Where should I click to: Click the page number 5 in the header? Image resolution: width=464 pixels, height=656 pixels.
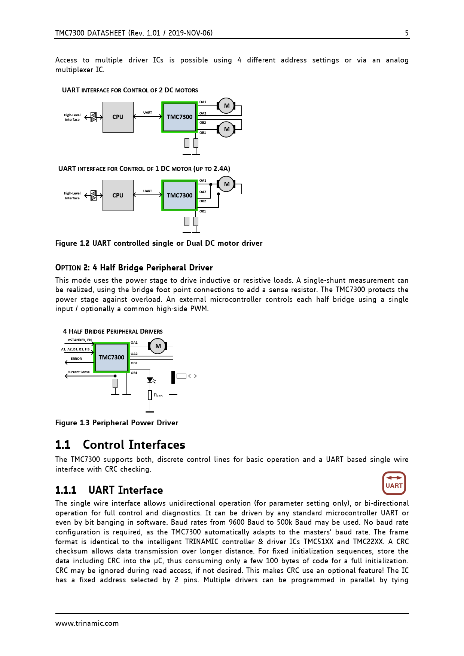click(x=407, y=33)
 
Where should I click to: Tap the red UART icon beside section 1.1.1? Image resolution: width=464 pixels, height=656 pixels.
click(x=394, y=483)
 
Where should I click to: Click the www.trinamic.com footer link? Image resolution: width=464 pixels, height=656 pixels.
click(x=87, y=623)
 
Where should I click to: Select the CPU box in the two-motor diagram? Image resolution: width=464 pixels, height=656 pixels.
click(x=118, y=117)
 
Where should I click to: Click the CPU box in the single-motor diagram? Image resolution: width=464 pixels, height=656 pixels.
click(x=118, y=195)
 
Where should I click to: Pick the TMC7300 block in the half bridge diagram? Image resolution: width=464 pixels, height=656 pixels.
click(x=112, y=358)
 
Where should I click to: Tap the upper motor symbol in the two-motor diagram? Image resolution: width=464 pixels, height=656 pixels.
click(x=226, y=106)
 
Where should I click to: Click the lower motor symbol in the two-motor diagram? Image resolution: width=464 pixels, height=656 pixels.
click(x=226, y=129)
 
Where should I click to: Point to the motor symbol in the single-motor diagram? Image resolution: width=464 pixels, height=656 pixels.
click(x=226, y=184)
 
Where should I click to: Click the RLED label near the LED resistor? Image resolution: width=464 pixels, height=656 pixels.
click(x=158, y=395)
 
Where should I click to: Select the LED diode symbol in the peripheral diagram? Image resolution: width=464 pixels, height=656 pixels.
click(x=150, y=380)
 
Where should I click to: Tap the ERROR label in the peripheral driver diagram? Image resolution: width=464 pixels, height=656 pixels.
click(x=76, y=359)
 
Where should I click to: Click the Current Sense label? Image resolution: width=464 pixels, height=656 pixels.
click(x=79, y=372)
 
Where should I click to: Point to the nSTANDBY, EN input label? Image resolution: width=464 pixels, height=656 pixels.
click(x=80, y=340)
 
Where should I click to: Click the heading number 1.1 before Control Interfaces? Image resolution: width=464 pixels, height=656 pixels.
click(x=62, y=445)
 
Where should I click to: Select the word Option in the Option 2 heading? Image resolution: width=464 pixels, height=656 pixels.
click(x=68, y=268)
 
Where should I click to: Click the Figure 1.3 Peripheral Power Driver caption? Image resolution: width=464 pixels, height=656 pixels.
click(x=117, y=423)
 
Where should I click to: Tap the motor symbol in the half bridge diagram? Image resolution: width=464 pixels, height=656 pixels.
click(x=158, y=346)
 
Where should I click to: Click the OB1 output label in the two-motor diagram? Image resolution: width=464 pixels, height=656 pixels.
click(x=203, y=133)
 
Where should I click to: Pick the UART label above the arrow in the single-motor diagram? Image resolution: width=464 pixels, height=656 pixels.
click(x=147, y=191)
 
